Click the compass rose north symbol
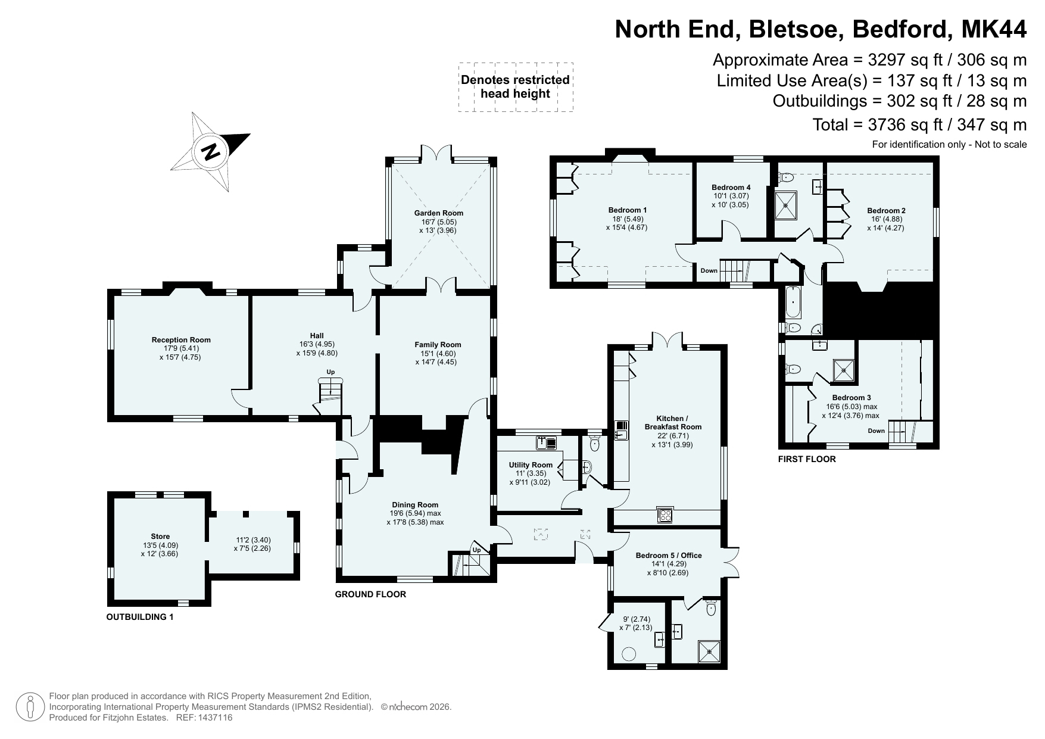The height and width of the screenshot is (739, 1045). point(210,152)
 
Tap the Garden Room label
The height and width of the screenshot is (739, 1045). point(439,213)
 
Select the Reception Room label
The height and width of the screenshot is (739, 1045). point(181,340)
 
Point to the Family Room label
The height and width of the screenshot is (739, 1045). point(438,344)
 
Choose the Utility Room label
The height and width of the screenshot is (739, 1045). point(531,465)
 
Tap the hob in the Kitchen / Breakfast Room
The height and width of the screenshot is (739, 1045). point(665,515)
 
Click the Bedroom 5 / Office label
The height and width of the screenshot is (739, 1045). point(669,556)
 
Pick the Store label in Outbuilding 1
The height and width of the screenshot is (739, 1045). point(160,537)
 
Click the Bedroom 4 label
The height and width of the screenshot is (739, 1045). point(731,187)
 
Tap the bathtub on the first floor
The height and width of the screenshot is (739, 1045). point(793,303)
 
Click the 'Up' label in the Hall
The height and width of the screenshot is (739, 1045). point(330,372)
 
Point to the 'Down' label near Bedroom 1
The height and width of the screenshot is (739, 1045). point(709,270)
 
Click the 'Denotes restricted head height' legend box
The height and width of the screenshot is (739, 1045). point(516,87)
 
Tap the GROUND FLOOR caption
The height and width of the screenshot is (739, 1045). point(370,594)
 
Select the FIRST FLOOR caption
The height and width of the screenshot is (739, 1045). point(807,459)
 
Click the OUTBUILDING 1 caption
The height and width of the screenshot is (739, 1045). point(140,617)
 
